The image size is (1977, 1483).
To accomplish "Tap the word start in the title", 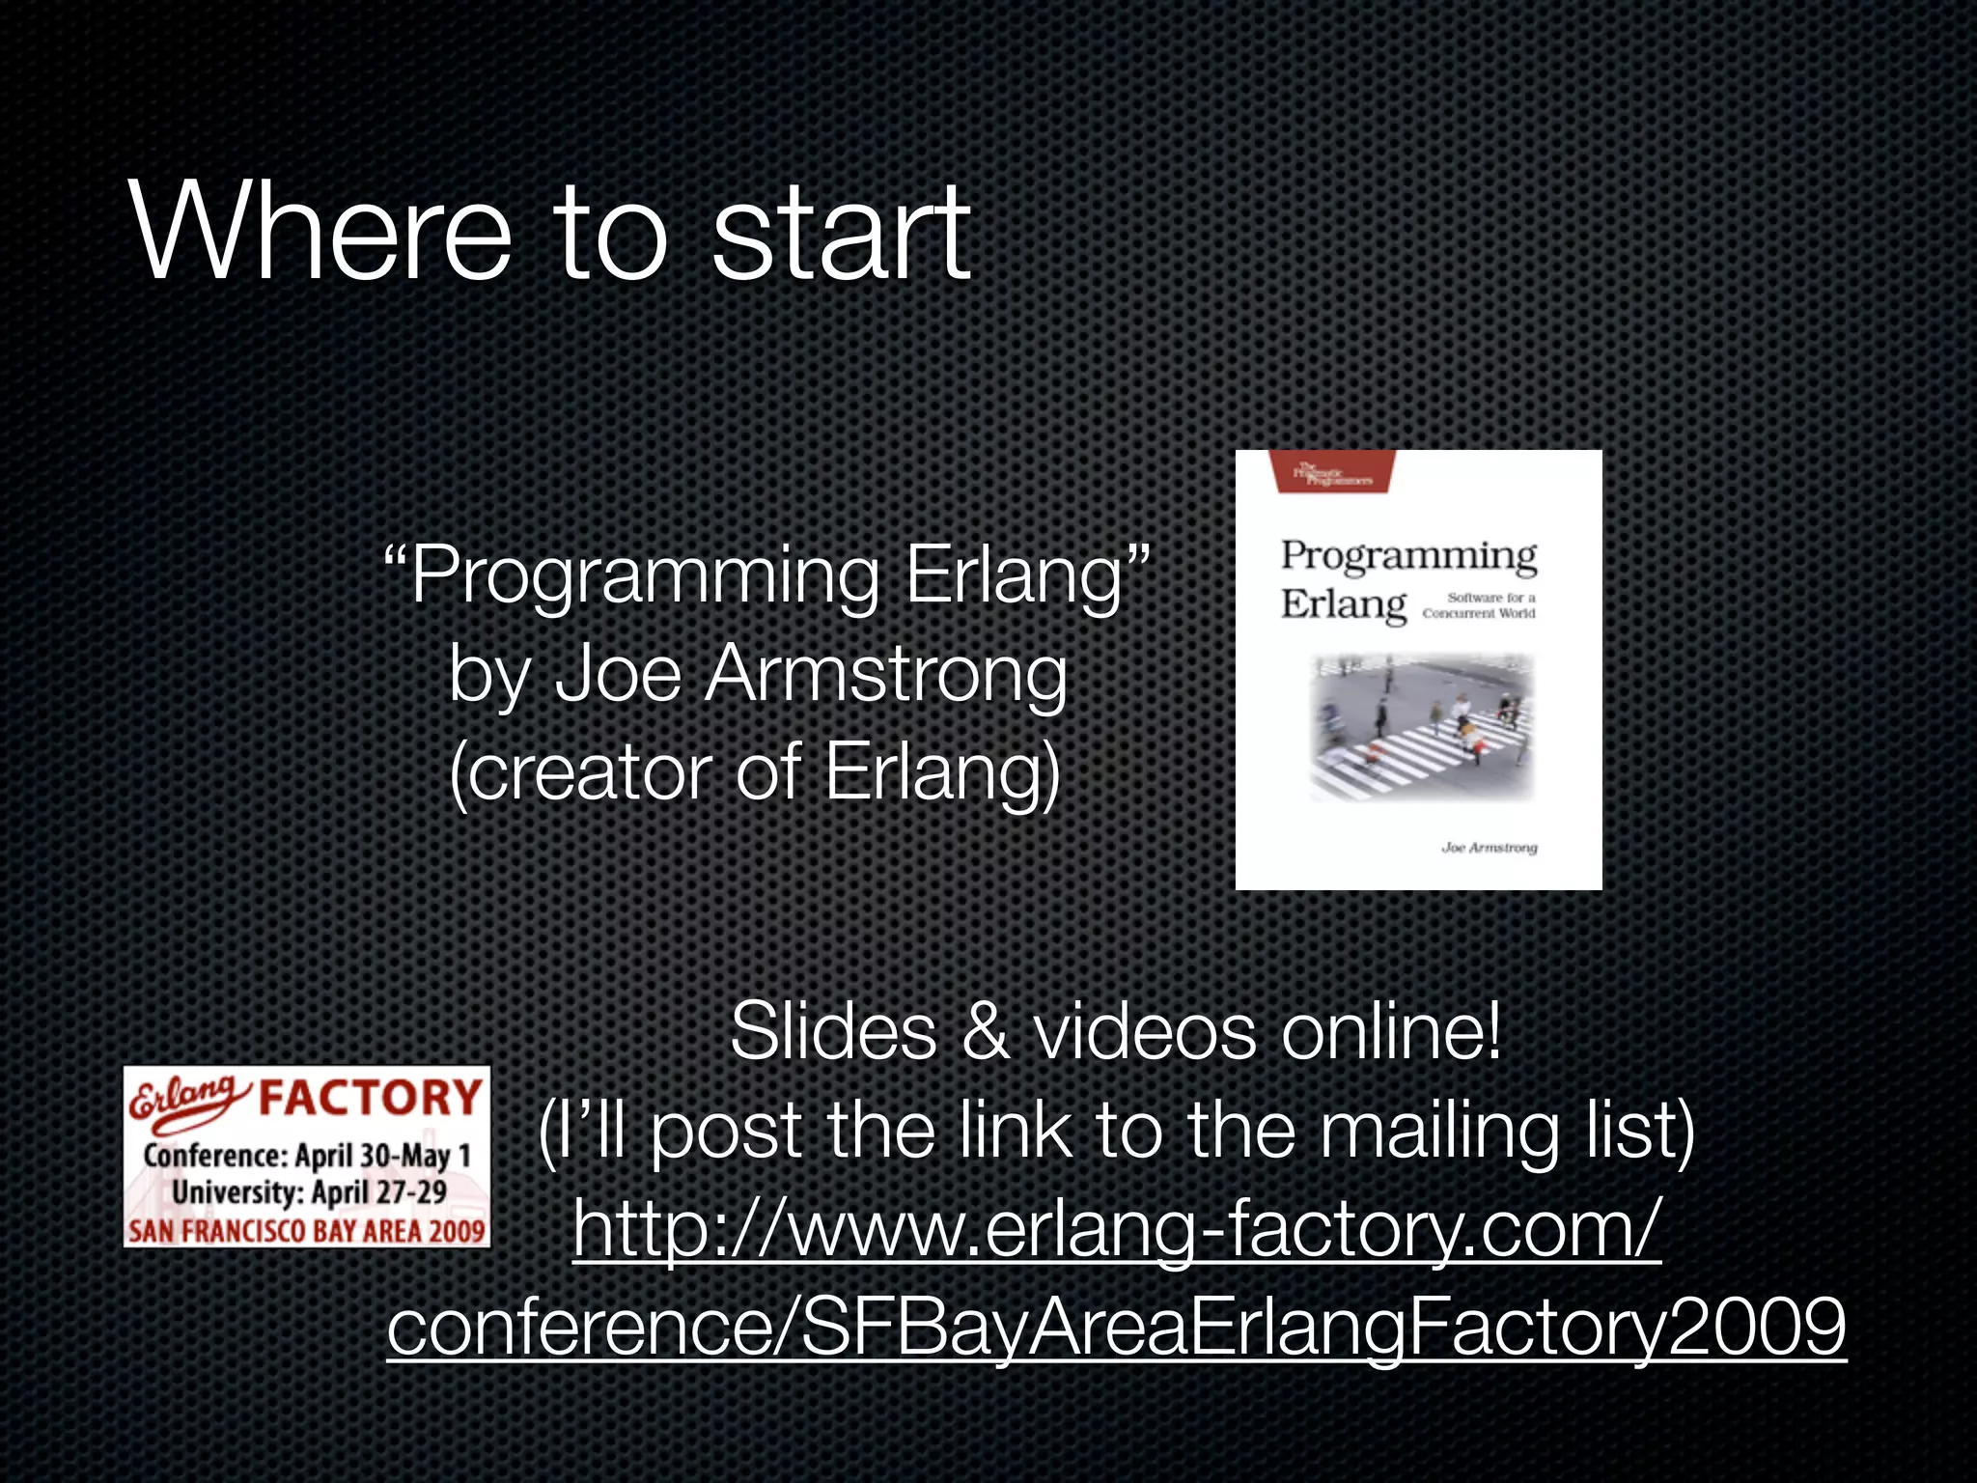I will point(840,235).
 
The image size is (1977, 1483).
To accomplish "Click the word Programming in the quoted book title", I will point(644,577).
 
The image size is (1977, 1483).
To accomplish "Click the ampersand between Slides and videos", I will point(985,1032).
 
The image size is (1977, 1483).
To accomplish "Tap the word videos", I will point(1145,1032).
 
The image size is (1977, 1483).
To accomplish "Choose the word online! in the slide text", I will point(1391,1032).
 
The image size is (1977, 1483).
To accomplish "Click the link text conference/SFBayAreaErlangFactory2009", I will point(1116,1328).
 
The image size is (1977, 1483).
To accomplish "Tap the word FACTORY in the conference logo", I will point(370,1098).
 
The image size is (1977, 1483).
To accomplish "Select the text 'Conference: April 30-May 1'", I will point(307,1156).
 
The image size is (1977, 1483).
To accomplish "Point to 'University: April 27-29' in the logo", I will point(309,1192).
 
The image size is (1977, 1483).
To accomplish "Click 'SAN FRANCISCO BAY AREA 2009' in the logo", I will point(307,1231).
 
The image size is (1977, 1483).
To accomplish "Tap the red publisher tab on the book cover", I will point(1334,471).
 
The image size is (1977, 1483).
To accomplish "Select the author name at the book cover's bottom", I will point(1489,848).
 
